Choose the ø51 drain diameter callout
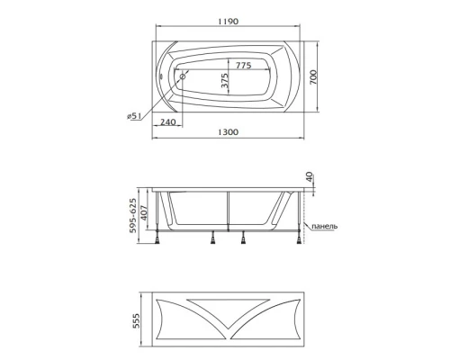click(136, 115)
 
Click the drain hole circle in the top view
click(183, 78)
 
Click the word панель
click(322, 226)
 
